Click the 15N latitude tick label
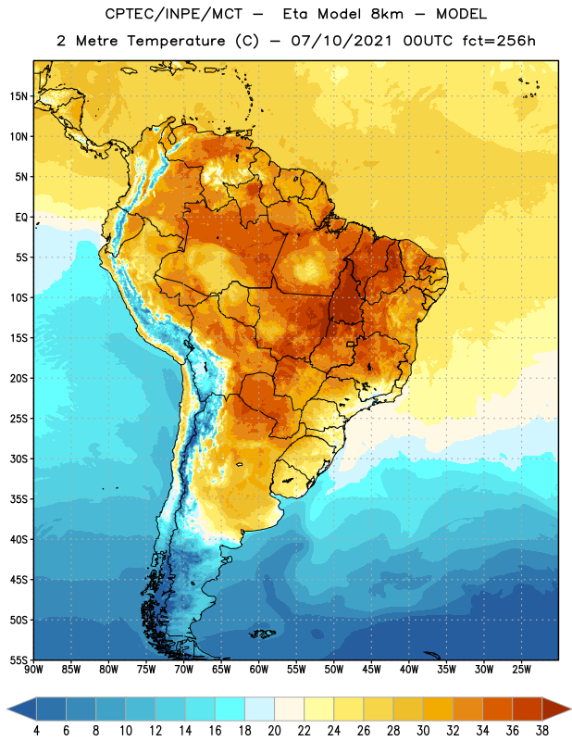[19, 96]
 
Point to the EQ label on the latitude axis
[21, 218]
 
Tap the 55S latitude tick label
[19, 659]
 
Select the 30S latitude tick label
[19, 458]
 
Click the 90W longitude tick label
[33, 670]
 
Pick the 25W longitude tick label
[521, 670]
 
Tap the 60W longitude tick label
[259, 670]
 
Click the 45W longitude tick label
[371, 670]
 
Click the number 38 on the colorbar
[542, 731]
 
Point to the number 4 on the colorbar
[36, 731]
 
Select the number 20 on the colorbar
[274, 731]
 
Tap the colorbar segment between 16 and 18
[230, 709]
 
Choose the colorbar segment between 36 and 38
[528, 709]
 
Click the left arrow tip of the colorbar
[7, 709]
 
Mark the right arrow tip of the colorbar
[571, 709]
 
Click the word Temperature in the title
[176, 41]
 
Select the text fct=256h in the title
[499, 41]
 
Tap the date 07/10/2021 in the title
[342, 41]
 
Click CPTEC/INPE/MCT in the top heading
[174, 14]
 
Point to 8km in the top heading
[387, 14]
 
